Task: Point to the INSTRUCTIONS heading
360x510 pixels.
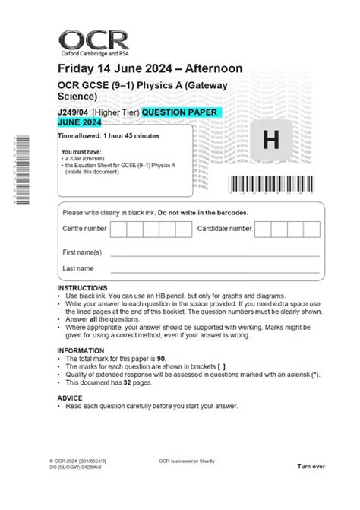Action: (82, 288)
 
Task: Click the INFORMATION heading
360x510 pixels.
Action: (81, 350)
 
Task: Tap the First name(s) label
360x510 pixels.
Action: (82, 252)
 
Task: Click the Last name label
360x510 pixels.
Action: (78, 268)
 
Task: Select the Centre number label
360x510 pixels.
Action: (84, 228)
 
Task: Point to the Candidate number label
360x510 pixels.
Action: (224, 228)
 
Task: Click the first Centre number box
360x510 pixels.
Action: (118, 229)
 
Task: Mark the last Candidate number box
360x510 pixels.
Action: (312, 229)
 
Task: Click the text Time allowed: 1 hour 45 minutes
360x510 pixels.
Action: (109, 135)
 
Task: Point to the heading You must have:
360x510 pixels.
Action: (82, 151)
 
